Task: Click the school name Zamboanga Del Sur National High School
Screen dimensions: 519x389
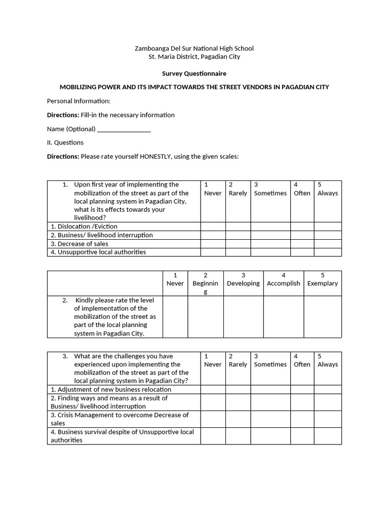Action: pyautogui.click(x=194, y=48)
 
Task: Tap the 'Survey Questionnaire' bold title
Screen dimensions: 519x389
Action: pyautogui.click(x=194, y=73)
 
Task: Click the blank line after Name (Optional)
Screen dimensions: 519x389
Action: pyautogui.click(x=124, y=129)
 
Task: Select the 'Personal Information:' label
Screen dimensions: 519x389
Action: pyautogui.click(x=79, y=101)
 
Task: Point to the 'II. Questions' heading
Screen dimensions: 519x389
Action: pyautogui.click(x=65, y=142)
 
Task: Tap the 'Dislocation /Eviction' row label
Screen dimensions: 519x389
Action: pyautogui.click(x=84, y=227)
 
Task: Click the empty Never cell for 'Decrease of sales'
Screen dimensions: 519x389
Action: pyautogui.click(x=213, y=244)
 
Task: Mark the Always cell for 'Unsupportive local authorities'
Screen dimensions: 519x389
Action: pyautogui.click(x=328, y=252)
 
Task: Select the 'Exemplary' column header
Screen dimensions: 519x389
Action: pyautogui.click(x=322, y=283)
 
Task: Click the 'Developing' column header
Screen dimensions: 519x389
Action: pyautogui.click(x=243, y=283)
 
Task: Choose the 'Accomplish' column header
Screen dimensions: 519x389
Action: pyautogui.click(x=284, y=283)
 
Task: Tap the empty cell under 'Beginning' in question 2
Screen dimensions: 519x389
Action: pyautogui.click(x=206, y=317)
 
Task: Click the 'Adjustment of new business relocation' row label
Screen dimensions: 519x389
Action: pyautogui.click(x=111, y=389)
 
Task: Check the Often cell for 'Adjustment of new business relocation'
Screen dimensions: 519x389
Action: pyautogui.click(x=302, y=389)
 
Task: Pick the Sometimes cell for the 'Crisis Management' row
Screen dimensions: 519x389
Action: pyautogui.click(x=270, y=419)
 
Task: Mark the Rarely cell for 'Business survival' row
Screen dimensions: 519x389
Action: pyautogui.click(x=238, y=436)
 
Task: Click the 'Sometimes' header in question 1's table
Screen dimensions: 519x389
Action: pyautogui.click(x=270, y=193)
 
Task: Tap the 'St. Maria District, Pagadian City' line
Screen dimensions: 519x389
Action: pyautogui.click(x=194, y=57)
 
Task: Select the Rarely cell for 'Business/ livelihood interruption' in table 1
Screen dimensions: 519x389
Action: pyautogui.click(x=238, y=235)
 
